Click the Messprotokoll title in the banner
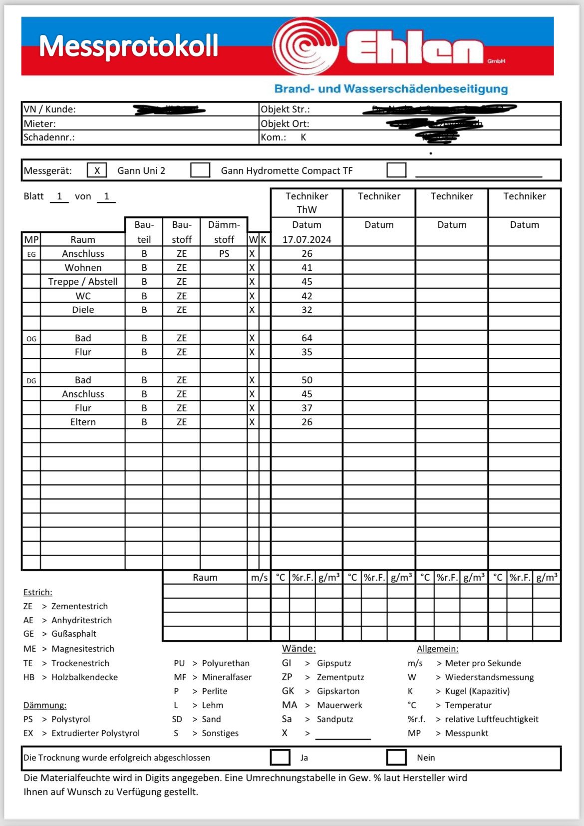tap(129, 46)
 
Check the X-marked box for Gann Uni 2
tap(97, 170)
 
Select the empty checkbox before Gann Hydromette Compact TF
tap(200, 170)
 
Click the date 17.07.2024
tap(306, 239)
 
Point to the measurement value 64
tap(306, 338)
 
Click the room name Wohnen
tap(83, 268)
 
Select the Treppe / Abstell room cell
tap(83, 282)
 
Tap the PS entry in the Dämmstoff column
tap(224, 254)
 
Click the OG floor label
tap(31, 339)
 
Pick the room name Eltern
tap(83, 422)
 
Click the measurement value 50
tap(306, 380)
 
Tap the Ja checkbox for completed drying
tap(280, 757)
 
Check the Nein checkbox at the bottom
tap(396, 757)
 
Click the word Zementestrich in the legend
tap(79, 606)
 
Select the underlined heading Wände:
tap(298, 649)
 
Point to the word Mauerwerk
tap(339, 705)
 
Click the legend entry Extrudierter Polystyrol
tap(95, 733)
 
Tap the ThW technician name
tap(306, 209)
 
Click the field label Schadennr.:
tap(49, 137)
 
